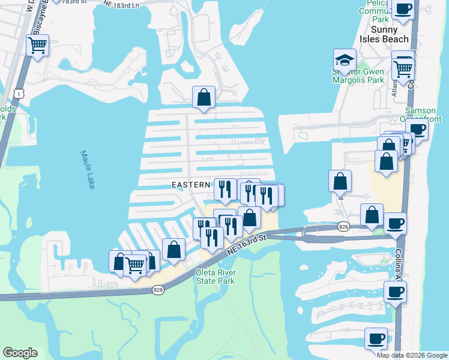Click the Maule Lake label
pyautogui.click(x=88, y=170)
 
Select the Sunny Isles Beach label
pyautogui.click(x=390, y=34)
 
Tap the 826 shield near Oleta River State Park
pyautogui.click(x=158, y=290)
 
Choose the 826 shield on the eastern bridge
pyautogui.click(x=343, y=226)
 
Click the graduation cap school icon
pyautogui.click(x=345, y=59)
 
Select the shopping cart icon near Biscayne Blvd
pyautogui.click(x=38, y=44)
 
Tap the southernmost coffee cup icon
pyautogui.click(x=376, y=338)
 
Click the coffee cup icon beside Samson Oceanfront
pyautogui.click(x=418, y=129)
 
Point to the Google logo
pyautogui.click(x=20, y=353)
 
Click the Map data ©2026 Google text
pyautogui.click(x=412, y=355)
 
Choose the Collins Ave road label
pyautogui.click(x=399, y=264)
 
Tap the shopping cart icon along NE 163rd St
pyautogui.click(x=135, y=265)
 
